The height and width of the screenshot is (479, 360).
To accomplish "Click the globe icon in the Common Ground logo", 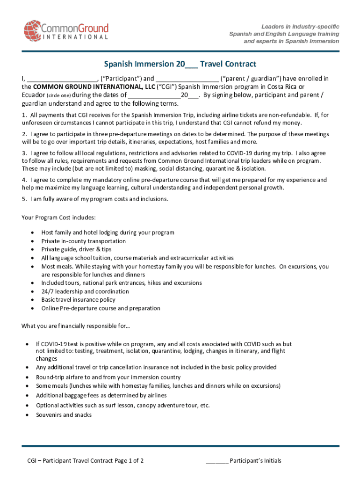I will pyautogui.click(x=33, y=30).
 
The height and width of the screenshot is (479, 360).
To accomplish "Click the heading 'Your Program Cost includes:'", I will pyautogui.click(x=59, y=218).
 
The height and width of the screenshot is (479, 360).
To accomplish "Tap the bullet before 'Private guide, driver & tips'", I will pyautogui.click(x=31, y=250).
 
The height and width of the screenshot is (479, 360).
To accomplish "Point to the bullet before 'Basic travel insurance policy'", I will pyautogui.click(x=31, y=300).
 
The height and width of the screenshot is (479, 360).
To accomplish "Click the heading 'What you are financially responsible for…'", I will pyautogui.click(x=76, y=326).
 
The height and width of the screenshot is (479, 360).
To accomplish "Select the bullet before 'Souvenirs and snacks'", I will pyautogui.click(x=27, y=415).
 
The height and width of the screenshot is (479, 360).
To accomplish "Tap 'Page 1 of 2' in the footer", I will pyautogui.click(x=129, y=461).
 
